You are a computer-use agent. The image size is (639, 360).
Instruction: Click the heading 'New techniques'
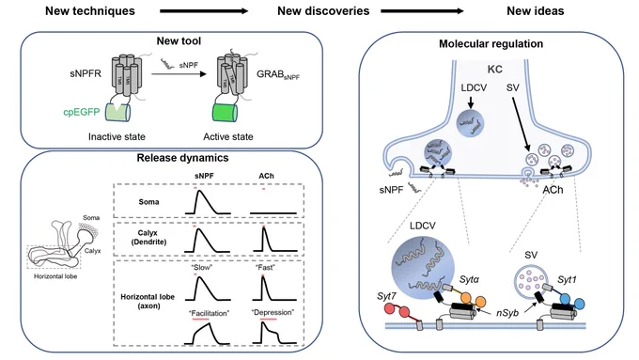pos(89,11)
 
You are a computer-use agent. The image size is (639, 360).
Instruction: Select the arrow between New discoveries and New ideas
pos(422,11)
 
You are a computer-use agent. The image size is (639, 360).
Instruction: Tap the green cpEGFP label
pos(82,112)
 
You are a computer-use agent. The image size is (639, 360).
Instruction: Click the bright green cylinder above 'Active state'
pos(225,112)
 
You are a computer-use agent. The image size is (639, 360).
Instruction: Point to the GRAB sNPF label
pos(278,74)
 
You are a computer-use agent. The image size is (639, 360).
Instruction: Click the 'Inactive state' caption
pos(117,137)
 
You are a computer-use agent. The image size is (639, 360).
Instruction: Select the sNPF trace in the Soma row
pos(208,202)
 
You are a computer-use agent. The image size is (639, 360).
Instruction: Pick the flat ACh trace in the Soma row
pos(273,212)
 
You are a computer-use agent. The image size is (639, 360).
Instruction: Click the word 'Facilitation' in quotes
pos(209,314)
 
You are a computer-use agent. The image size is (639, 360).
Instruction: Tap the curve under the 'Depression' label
pos(273,333)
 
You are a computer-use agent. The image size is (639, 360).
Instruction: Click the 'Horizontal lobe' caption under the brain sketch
pos(55,276)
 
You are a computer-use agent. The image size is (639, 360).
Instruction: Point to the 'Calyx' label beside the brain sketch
pos(92,251)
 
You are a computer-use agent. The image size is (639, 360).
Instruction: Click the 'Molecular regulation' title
pos(491,44)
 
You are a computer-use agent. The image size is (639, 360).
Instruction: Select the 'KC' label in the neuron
pos(494,70)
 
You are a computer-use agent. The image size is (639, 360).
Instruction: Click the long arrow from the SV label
pos(521,123)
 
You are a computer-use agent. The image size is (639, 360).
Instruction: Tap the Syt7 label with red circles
pos(386,296)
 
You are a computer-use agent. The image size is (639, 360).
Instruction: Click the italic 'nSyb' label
pos(507,313)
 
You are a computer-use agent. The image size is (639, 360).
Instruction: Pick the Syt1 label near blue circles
pos(568,280)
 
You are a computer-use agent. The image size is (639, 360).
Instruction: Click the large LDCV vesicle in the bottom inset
pos(423,265)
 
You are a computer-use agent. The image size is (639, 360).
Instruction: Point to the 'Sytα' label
pos(469,280)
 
